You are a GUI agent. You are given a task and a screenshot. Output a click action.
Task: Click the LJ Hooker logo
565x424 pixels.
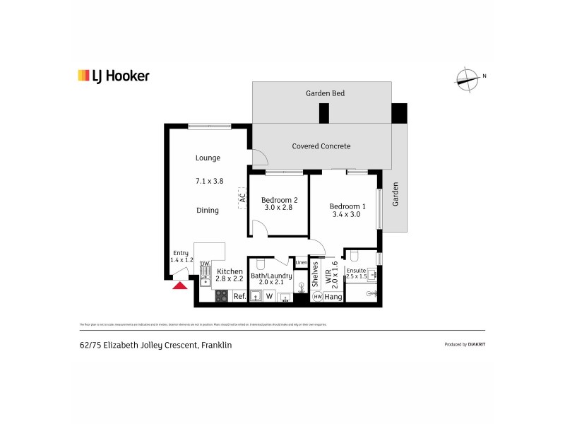pyautogui.click(x=113, y=76)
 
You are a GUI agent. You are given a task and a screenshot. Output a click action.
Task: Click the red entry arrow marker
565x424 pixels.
pyautogui.click(x=180, y=285)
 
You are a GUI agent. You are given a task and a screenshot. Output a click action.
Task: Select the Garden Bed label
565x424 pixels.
pyautogui.click(x=325, y=93)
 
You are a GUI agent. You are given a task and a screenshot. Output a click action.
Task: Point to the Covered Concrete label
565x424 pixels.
pyautogui.click(x=321, y=146)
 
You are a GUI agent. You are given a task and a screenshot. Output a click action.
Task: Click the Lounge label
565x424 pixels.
pyautogui.click(x=208, y=158)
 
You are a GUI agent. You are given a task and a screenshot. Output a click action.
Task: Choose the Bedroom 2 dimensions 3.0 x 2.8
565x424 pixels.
pyautogui.click(x=279, y=208)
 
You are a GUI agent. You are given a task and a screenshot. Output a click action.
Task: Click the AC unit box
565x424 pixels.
pyautogui.click(x=241, y=198)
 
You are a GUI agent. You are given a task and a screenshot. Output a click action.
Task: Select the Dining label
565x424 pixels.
pyautogui.click(x=208, y=210)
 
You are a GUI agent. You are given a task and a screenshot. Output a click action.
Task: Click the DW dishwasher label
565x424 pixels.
pyautogui.click(x=204, y=264)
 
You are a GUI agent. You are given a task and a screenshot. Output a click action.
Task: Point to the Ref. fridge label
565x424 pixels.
pyautogui.click(x=239, y=297)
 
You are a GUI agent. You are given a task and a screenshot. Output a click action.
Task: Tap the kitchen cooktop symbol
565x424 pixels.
pyautogui.click(x=221, y=296)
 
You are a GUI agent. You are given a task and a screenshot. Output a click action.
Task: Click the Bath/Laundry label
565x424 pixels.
pyautogui.click(x=271, y=276)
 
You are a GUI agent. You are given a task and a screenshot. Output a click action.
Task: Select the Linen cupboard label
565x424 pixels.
pyautogui.click(x=301, y=263)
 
